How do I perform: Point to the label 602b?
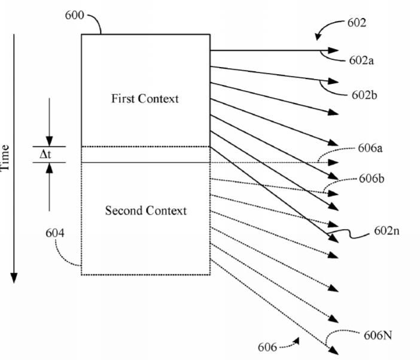[x=364, y=94]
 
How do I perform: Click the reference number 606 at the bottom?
[x=267, y=346]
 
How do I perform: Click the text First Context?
[x=145, y=99]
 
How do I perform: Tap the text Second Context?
[x=145, y=210]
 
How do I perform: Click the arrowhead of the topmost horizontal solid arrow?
[x=334, y=51]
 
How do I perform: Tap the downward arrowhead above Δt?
[x=50, y=141]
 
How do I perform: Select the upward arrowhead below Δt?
[x=50, y=168]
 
